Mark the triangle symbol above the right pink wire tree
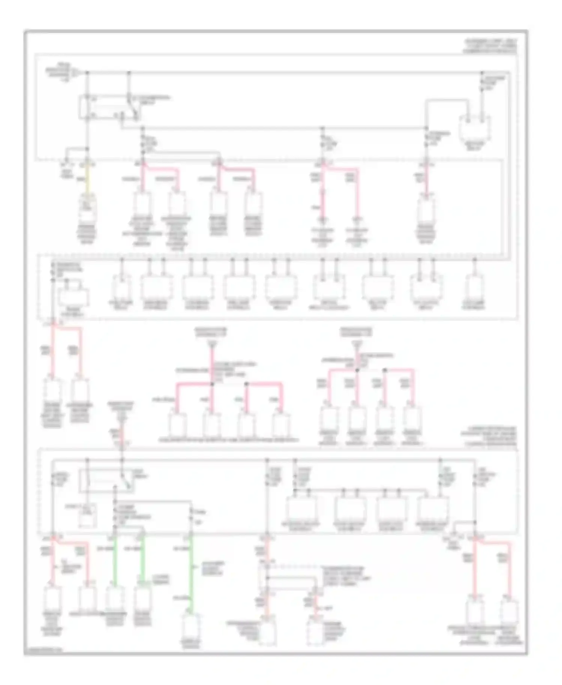pos(357,343)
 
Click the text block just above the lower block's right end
pos(489,436)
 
